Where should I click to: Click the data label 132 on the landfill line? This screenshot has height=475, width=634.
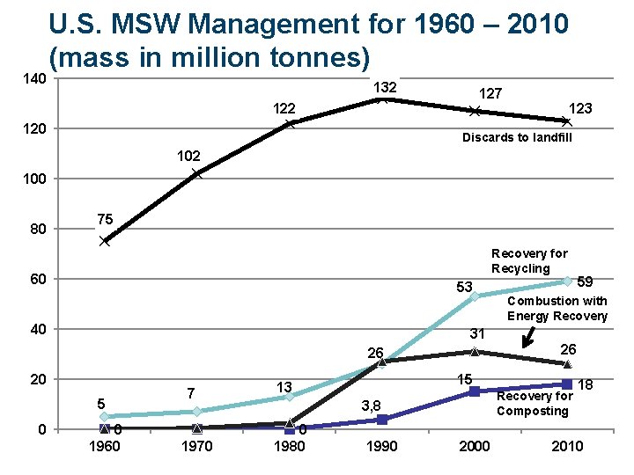point(386,88)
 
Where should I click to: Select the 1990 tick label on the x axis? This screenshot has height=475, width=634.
point(381,446)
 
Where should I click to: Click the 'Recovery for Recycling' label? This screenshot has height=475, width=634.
point(529,260)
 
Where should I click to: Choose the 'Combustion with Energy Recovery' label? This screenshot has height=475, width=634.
point(557,309)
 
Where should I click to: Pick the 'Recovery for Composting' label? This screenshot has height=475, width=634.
point(534,404)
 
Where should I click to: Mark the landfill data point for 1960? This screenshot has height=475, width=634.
point(105,241)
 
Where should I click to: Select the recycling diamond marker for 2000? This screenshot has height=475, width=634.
point(475,296)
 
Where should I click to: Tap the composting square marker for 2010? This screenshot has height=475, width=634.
point(567,384)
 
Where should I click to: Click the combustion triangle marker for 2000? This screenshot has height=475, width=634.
point(475,352)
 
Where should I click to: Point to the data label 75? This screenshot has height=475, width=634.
point(105,219)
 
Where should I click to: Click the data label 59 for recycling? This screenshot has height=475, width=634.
point(585,281)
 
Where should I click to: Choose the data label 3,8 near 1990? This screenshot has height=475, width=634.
point(372,406)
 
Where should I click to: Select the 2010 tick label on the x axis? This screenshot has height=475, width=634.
point(567,446)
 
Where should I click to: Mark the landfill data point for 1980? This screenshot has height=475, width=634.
point(290,123)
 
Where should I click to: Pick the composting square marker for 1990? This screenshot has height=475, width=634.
point(381,420)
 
